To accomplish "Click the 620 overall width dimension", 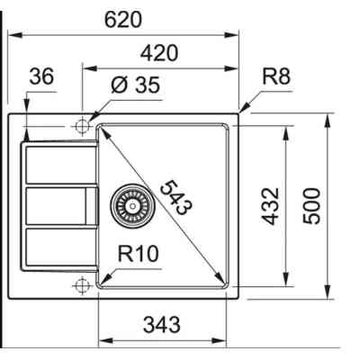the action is (x=123, y=20).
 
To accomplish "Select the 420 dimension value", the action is (x=159, y=53).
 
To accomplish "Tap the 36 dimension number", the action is (x=41, y=76).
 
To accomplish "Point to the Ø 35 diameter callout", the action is (x=135, y=85).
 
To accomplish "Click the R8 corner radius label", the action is (x=276, y=76).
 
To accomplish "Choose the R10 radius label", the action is (x=138, y=254).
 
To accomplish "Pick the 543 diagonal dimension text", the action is (x=176, y=197).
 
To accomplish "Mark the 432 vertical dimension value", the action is (x=270, y=206).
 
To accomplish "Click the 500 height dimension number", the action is (x=311, y=206).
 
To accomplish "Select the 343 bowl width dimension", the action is (x=162, y=325).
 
